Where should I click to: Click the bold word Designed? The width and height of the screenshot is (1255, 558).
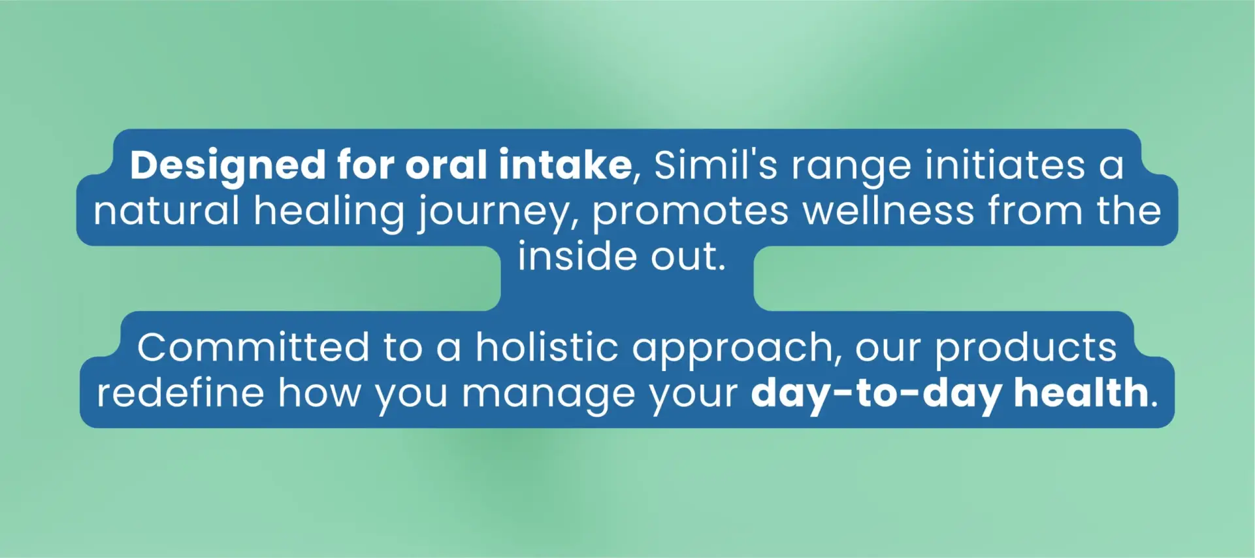[227, 166]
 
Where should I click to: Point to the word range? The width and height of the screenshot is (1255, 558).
[851, 168]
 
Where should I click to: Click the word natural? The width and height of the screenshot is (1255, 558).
[167, 210]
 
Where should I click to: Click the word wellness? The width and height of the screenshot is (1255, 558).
[888, 210]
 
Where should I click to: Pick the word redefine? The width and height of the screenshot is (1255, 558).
[180, 392]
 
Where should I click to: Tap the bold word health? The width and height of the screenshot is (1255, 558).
[1081, 392]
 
